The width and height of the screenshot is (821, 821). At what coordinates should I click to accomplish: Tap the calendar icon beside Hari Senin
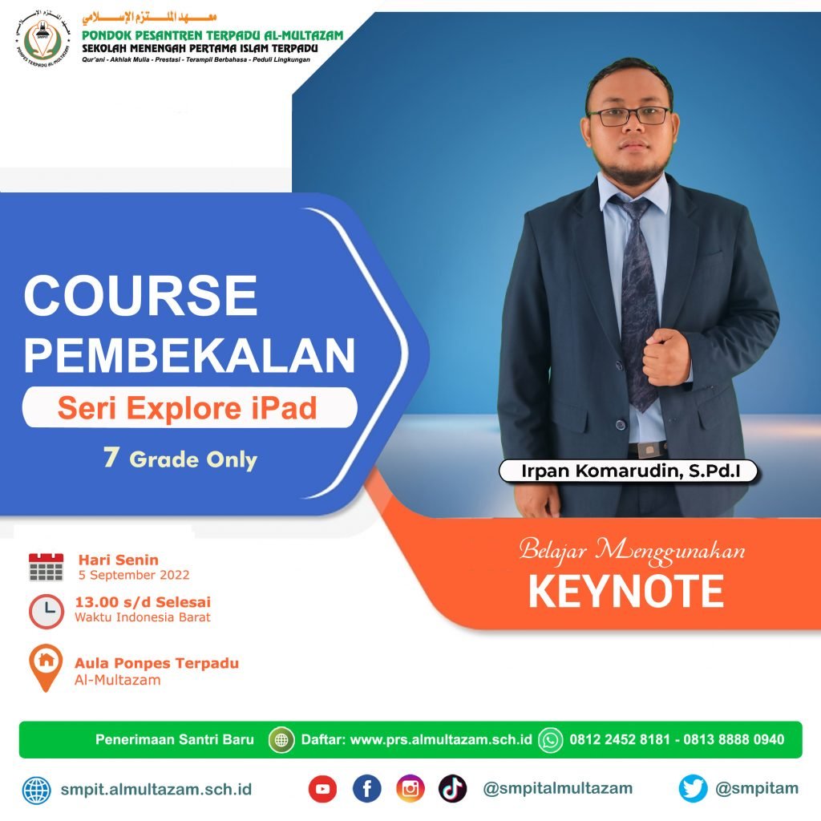(x=46, y=567)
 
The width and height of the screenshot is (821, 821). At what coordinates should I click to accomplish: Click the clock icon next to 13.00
(x=46, y=611)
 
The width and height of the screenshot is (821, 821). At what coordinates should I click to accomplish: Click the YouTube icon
(x=322, y=789)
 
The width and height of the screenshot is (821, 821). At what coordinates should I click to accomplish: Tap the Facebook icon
(x=366, y=789)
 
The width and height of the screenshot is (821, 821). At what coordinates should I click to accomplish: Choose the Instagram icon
(x=410, y=789)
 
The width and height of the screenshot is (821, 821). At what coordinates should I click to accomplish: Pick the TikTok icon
(x=453, y=789)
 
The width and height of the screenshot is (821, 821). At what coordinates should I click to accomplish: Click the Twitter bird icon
(x=693, y=789)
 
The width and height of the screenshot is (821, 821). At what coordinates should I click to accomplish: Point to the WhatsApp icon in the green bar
(x=551, y=740)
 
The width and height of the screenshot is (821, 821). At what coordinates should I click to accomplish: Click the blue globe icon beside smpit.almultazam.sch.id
(x=37, y=790)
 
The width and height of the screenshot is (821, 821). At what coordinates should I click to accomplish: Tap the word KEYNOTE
(x=626, y=591)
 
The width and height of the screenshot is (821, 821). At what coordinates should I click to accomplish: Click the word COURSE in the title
(x=140, y=295)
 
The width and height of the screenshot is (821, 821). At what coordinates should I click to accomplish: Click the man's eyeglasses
(x=629, y=115)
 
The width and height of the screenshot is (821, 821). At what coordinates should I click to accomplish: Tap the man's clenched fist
(x=666, y=356)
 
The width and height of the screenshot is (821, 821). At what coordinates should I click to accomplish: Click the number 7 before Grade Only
(x=111, y=456)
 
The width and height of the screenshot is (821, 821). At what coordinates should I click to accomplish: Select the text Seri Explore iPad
(x=188, y=408)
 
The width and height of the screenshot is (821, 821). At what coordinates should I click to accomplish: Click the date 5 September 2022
(x=134, y=575)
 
